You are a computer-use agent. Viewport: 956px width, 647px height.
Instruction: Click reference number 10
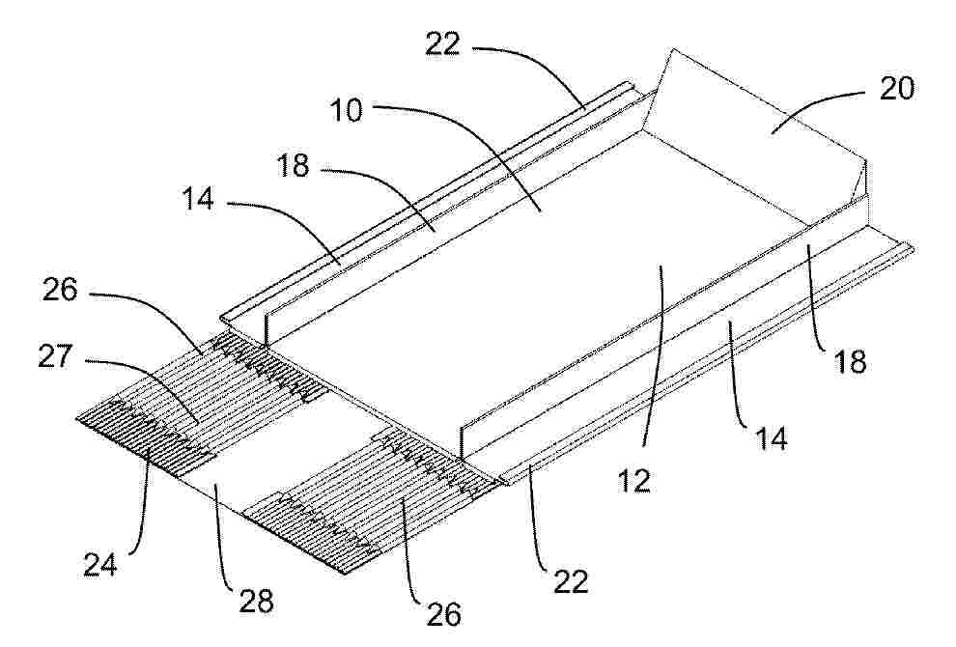(347, 111)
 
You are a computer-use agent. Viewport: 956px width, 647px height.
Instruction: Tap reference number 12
(634, 481)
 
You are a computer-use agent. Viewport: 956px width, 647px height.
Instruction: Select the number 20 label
(897, 89)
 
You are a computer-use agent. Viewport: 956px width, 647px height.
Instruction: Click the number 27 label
(55, 356)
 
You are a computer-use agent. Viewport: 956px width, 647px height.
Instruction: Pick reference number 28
(256, 602)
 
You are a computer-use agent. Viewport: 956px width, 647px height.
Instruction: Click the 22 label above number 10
(443, 43)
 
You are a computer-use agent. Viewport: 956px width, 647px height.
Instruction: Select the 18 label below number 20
(850, 361)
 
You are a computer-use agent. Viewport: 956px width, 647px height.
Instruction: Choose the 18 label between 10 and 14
(294, 166)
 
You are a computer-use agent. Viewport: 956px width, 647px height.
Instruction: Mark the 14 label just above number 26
(198, 198)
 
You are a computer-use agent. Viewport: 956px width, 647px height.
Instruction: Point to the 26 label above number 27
(60, 291)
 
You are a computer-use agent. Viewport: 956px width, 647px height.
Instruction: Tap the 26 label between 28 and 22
(444, 613)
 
